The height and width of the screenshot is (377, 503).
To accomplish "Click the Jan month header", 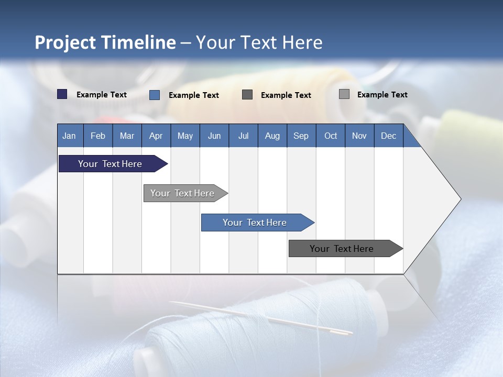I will [69, 136].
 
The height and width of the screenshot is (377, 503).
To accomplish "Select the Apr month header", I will [156, 136].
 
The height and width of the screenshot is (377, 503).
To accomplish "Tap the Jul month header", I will [243, 136].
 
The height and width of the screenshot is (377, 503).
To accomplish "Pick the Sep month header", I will [301, 136].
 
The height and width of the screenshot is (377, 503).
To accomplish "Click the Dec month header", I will [388, 136].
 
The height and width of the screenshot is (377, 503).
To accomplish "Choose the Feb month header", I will [98, 136].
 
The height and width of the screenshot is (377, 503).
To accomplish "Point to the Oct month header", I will [331, 136].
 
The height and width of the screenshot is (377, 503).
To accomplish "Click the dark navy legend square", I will [62, 94].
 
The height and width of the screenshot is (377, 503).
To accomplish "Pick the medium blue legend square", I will [155, 95].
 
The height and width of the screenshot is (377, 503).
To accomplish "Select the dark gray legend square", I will [247, 94].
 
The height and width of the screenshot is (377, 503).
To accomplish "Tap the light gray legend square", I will [344, 94].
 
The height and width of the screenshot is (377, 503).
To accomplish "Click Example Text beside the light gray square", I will [382, 95].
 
